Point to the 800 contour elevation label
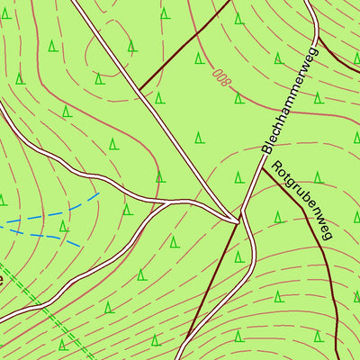pyautogui.click(x=221, y=76)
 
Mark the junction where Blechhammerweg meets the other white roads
pyautogui.click(x=240, y=219)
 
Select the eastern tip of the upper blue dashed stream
pyautogui.click(x=97, y=192)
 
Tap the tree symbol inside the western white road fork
pyautogui.click(x=127, y=210)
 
